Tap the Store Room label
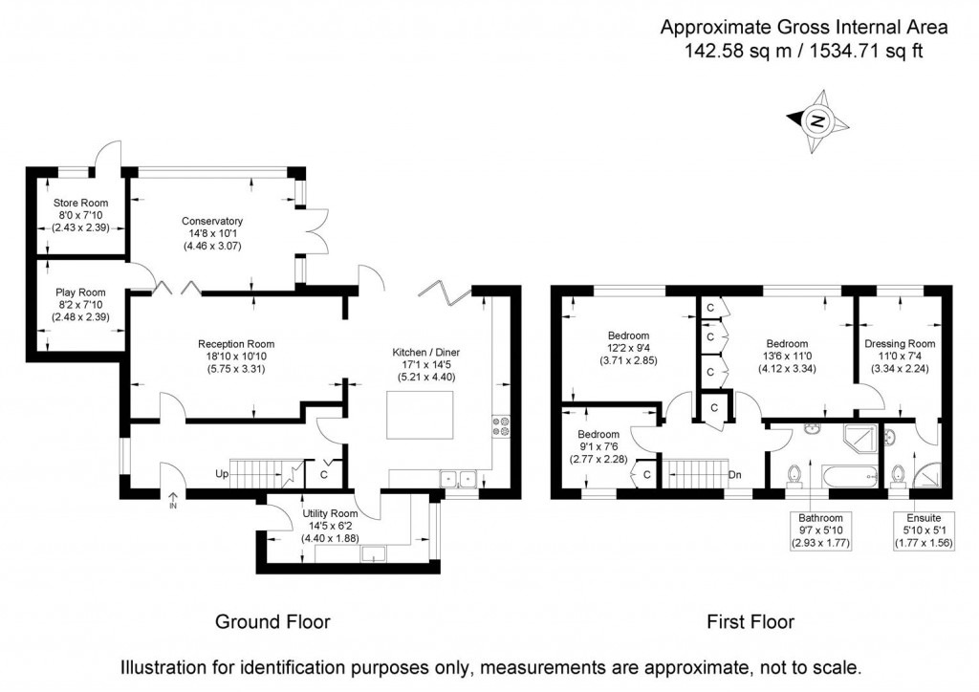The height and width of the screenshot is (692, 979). [80, 203]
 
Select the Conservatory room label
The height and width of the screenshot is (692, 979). [212, 221]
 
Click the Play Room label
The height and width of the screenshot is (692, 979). [80, 292]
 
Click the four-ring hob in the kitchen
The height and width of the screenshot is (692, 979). [500, 425]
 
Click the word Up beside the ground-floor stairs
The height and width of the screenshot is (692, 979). [222, 473]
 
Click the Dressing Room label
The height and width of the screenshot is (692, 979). [899, 343]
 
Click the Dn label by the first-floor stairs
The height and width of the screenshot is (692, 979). [734, 473]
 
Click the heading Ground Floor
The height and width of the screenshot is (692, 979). [272, 622]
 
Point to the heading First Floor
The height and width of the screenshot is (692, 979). [751, 622]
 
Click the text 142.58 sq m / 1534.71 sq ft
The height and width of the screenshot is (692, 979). [803, 52]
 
